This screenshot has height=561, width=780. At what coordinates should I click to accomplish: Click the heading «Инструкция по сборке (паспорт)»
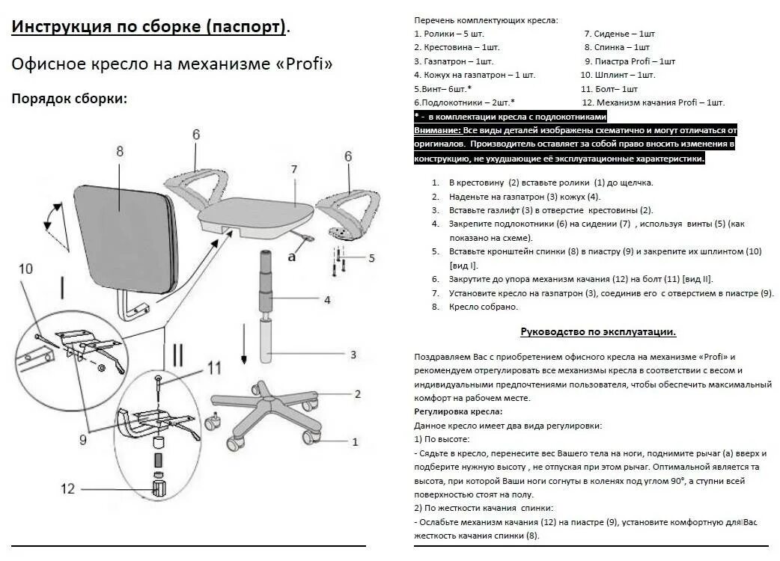pos(149,28)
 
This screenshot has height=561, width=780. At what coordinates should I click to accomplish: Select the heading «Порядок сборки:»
pos(69,99)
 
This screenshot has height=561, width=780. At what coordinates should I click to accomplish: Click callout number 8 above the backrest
pos(119,151)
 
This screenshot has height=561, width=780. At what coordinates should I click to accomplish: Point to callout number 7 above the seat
pos(294,169)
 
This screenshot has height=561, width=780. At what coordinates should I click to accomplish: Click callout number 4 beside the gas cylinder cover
pos(327,300)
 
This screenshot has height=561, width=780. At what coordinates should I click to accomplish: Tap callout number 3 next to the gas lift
pos(353,355)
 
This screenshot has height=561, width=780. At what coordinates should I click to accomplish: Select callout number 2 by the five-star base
pos(358,394)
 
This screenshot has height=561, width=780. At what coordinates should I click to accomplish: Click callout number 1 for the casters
pos(355,441)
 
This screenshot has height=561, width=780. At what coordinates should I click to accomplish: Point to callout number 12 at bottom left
pos(68,489)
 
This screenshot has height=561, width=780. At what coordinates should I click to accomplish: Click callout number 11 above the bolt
pos(215,367)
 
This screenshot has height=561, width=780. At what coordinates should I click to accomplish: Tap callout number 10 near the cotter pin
pos(25,269)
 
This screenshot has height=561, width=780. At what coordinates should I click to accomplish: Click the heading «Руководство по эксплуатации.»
pos(598,331)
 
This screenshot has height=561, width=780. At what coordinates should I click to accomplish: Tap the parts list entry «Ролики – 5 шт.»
pos(449,34)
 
